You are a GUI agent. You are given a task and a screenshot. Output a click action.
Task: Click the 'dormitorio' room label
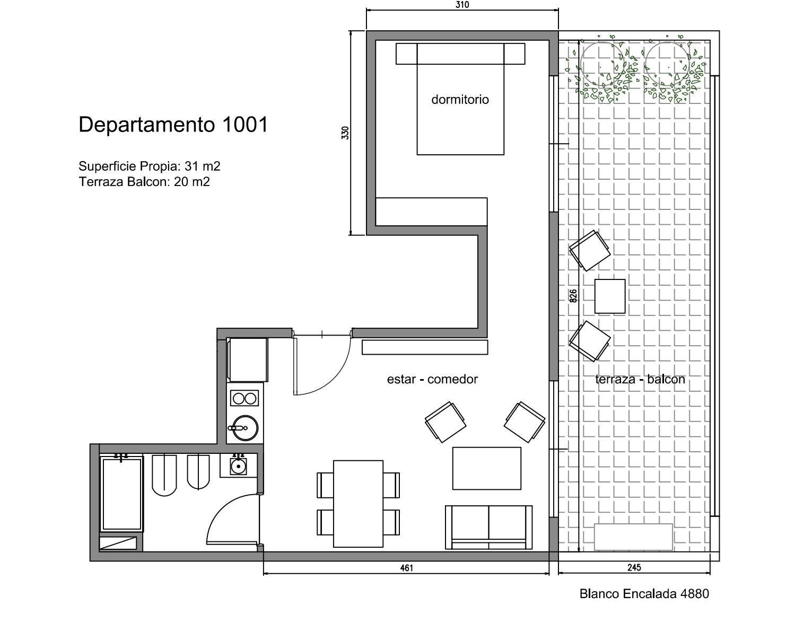point(460,99)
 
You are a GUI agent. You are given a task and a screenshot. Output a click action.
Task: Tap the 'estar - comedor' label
point(432,379)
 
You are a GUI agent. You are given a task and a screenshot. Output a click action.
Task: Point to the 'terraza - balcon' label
point(640,379)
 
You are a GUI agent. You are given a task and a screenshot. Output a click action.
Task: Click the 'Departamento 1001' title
point(173,125)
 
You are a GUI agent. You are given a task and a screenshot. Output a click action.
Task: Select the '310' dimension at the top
point(462,5)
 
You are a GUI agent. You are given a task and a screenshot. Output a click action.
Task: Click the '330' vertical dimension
point(345,133)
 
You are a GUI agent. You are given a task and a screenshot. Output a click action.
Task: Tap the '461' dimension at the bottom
point(406,568)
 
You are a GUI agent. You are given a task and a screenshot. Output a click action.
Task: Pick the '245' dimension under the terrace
point(634,568)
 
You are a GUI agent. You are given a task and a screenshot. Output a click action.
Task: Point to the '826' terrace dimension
point(573,296)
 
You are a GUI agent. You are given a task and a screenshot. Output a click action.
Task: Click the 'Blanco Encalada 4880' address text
point(644,594)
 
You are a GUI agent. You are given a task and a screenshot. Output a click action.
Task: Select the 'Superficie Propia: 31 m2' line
point(150,166)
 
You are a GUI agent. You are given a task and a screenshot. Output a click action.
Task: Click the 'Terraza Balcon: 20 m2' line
point(144,182)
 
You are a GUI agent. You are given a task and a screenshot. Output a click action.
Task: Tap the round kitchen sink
point(244,428)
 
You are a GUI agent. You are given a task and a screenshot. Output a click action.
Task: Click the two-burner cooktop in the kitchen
point(244,399)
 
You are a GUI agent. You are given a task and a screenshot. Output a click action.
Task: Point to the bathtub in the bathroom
point(122,494)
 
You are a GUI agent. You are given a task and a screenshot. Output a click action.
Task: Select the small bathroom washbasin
point(238,466)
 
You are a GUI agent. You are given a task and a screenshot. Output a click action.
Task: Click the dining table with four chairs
point(358,504)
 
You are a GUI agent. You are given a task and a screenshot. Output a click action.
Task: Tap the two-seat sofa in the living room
point(488,528)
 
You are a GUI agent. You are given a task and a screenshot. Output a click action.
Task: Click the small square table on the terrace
point(610,296)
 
